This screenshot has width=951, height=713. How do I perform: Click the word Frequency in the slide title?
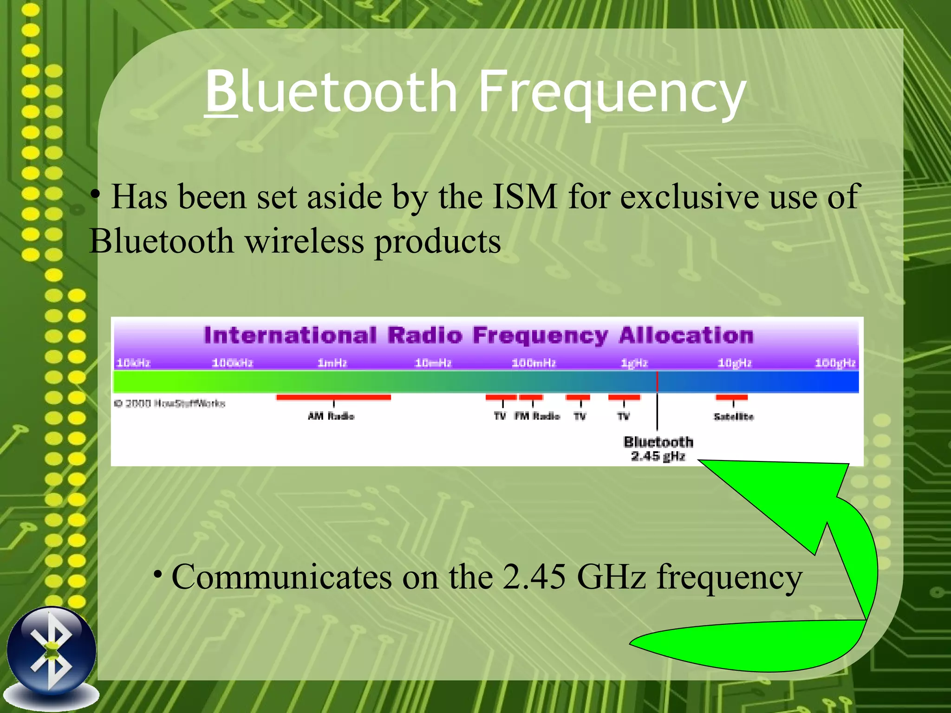coord(612,93)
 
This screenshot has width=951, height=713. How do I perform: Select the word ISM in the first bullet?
coord(524,197)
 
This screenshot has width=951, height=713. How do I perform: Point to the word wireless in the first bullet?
coord(305,241)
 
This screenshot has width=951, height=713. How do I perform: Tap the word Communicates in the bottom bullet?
coord(282,577)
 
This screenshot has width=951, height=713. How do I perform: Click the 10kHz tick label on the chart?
coord(133,363)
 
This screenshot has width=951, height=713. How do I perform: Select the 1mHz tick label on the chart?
coord(332,363)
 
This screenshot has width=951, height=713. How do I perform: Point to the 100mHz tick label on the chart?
coord(534,363)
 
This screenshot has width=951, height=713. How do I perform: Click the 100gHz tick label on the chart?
coord(835,363)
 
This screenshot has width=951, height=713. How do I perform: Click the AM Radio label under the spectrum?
coord(331,416)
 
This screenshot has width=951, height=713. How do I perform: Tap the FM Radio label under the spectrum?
coord(537,416)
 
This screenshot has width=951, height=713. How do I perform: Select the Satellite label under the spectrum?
coord(734,416)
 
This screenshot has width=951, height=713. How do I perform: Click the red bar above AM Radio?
coord(333,397)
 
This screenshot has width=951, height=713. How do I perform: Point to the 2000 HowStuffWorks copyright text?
coord(170,403)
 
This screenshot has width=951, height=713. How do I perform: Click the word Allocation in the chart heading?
coord(685,336)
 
